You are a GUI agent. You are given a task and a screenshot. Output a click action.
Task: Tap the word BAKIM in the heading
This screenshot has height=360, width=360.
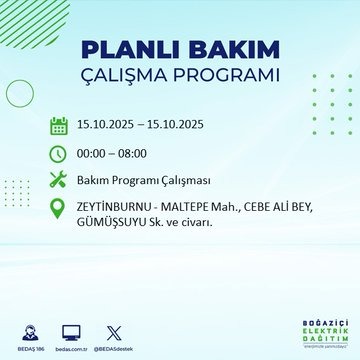223,51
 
